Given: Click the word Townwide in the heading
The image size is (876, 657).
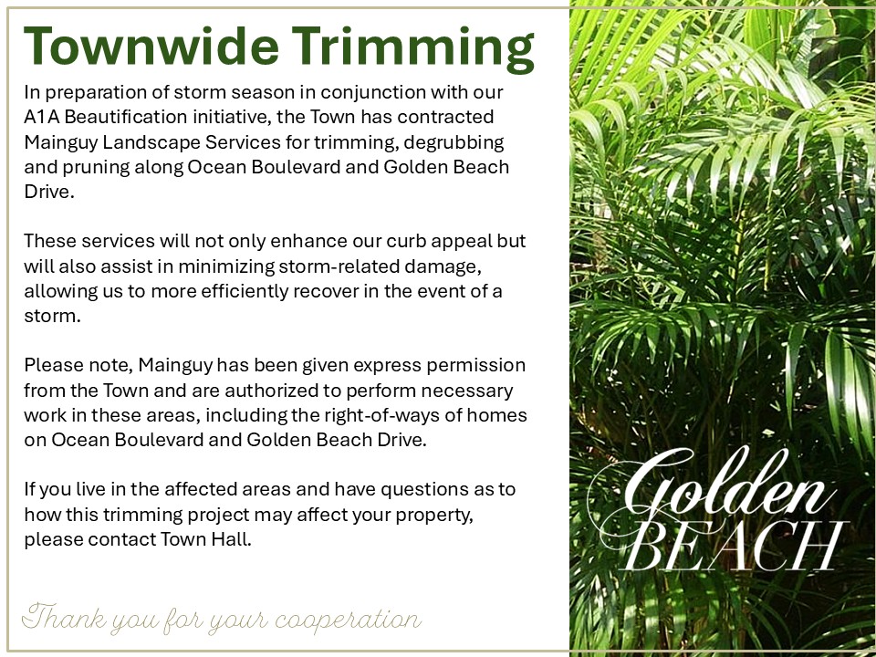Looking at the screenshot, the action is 151,45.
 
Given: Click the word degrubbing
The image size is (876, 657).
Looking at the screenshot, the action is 454,142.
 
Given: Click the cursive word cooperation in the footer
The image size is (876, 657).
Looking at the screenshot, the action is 348,619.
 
